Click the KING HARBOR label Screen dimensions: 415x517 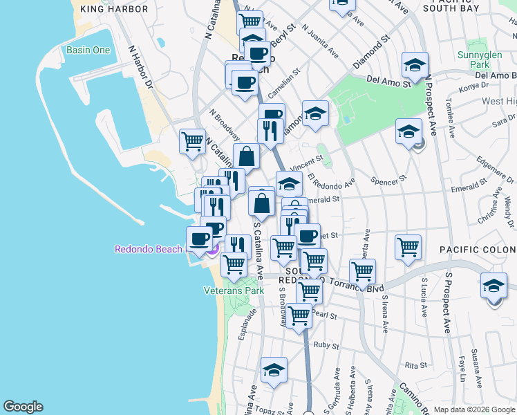tap(114, 9)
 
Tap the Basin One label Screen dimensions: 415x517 tap(88, 50)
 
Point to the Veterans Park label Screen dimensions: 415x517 tap(234, 291)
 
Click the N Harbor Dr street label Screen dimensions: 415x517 tap(140, 68)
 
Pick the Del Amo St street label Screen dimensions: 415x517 tap(388, 82)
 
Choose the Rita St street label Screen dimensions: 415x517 tap(416, 365)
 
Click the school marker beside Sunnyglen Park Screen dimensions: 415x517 tap(414, 66)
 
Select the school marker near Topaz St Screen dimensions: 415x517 tap(274, 370)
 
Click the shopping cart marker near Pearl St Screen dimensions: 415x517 tap(299, 316)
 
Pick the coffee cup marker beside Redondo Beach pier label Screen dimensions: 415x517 tap(199, 239)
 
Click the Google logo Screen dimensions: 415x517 tap(23, 407)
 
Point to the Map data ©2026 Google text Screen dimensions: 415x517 tap(474, 409)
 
